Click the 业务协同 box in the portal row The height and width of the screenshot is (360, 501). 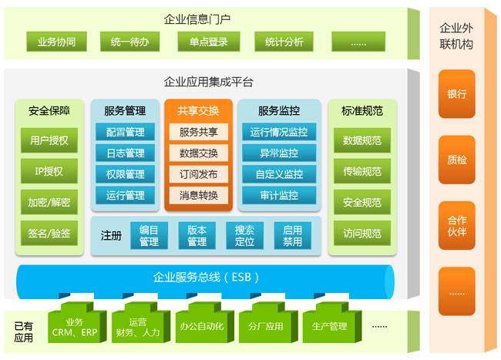click(55, 42)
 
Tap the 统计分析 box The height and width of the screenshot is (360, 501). click(284, 42)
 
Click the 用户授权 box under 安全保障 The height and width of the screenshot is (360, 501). click(49, 140)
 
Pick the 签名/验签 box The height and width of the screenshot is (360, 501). click(49, 233)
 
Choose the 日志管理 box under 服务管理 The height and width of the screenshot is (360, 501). click(126, 153)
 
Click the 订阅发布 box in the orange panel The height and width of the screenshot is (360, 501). click(198, 174)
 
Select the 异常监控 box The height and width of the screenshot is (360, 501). click(278, 153)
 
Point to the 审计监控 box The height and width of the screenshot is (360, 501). click(278, 196)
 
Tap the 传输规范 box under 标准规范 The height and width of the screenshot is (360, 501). click(362, 172)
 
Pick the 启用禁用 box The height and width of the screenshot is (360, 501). click(292, 236)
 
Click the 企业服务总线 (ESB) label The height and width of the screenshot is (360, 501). click(206, 277)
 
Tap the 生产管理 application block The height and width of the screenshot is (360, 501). click(328, 326)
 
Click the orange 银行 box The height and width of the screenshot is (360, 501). click(457, 94)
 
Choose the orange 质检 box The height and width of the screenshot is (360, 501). click(457, 160)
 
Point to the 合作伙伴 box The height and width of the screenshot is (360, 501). click(457, 226)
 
